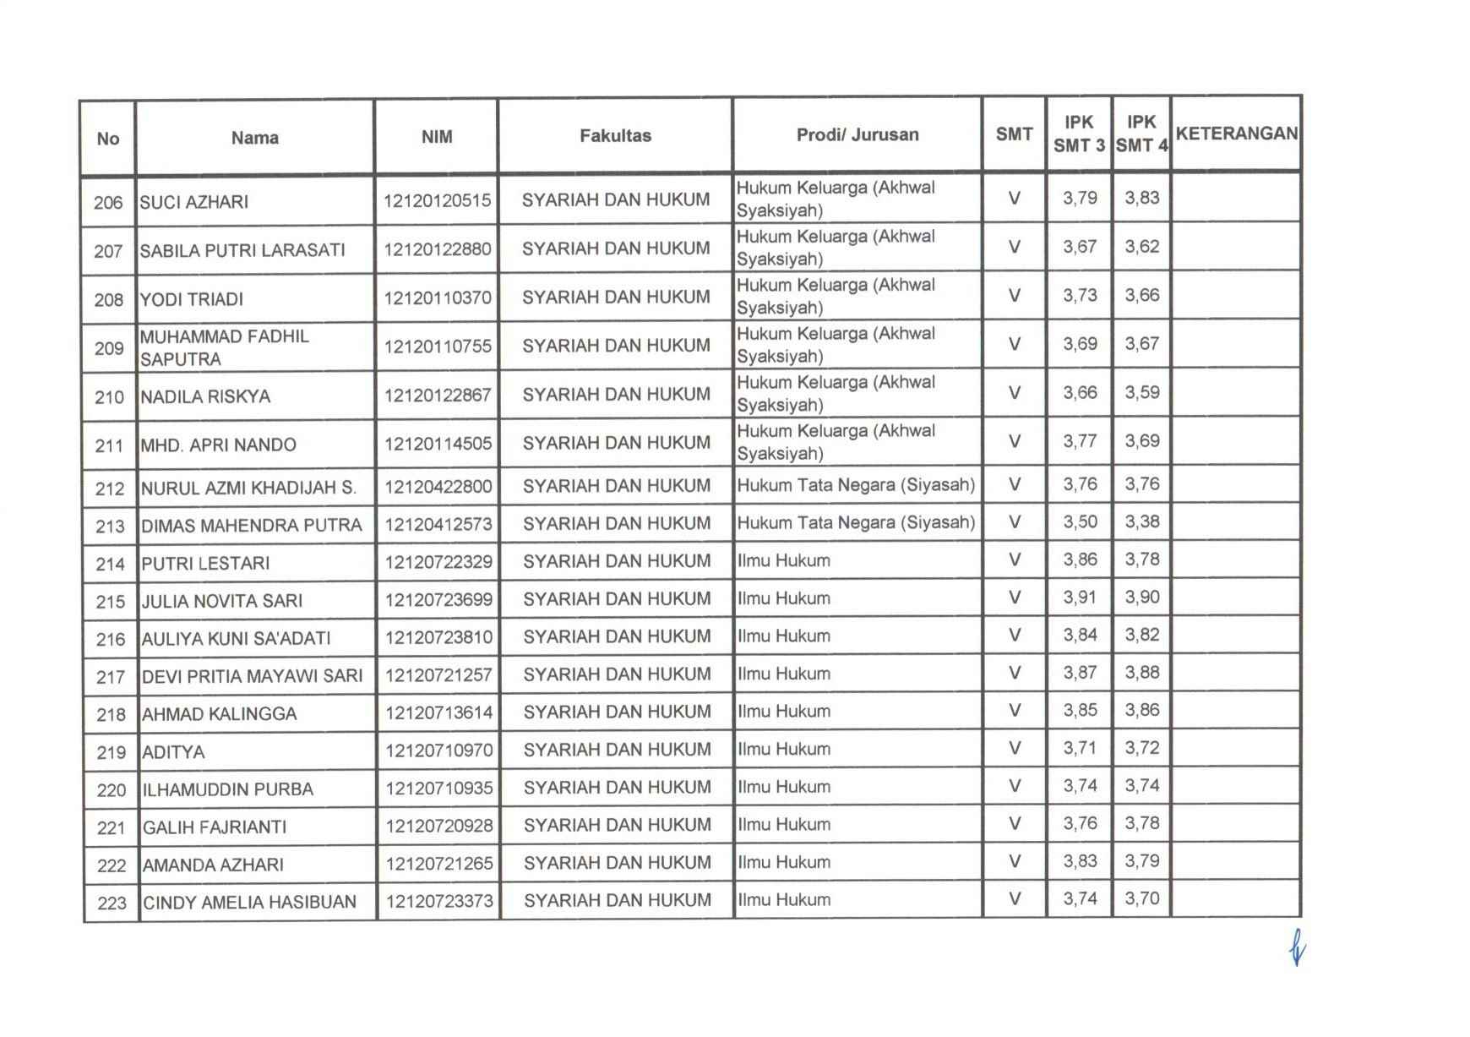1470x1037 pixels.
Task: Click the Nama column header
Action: (x=254, y=138)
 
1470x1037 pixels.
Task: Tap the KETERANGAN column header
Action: (x=1236, y=134)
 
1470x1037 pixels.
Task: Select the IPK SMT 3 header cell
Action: (x=1079, y=134)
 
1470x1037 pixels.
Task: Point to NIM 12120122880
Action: (x=437, y=249)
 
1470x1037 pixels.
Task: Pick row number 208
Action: (x=109, y=300)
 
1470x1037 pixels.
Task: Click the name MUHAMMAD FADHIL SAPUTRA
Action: (x=225, y=347)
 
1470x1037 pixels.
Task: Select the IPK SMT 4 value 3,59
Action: (x=1141, y=393)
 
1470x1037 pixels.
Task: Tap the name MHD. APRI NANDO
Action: (x=218, y=445)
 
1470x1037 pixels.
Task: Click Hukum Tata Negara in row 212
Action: (x=856, y=486)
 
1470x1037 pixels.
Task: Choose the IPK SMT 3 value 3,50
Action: (x=1080, y=522)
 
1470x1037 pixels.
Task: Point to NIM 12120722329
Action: (x=438, y=562)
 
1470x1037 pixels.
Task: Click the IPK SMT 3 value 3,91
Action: (x=1080, y=598)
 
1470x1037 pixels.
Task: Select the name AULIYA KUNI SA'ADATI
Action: (x=236, y=639)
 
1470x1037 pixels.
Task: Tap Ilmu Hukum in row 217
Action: (x=784, y=674)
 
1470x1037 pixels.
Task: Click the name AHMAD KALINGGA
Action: (x=220, y=714)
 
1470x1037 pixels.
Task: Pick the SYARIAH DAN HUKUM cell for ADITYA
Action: (x=617, y=750)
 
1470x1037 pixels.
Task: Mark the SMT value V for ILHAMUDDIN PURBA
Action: (x=1015, y=787)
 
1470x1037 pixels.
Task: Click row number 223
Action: (x=112, y=903)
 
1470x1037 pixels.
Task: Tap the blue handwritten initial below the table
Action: (x=1296, y=951)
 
